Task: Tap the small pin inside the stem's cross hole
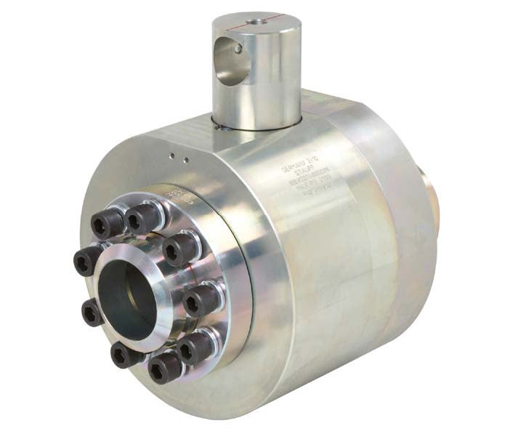(239, 49)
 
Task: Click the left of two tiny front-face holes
(171, 155)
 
